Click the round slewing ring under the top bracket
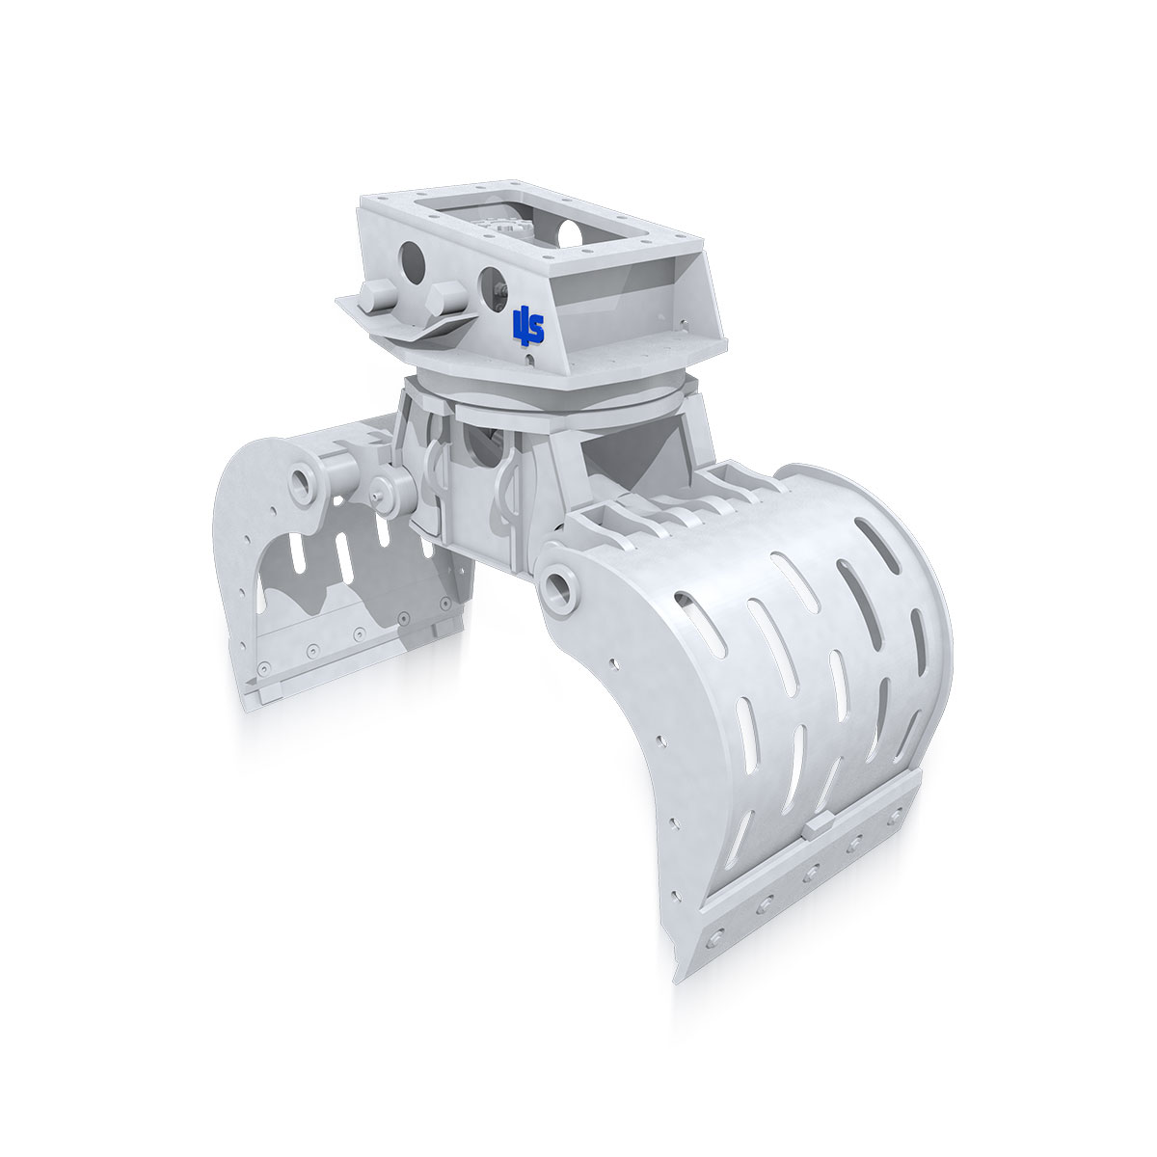tap(550, 393)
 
